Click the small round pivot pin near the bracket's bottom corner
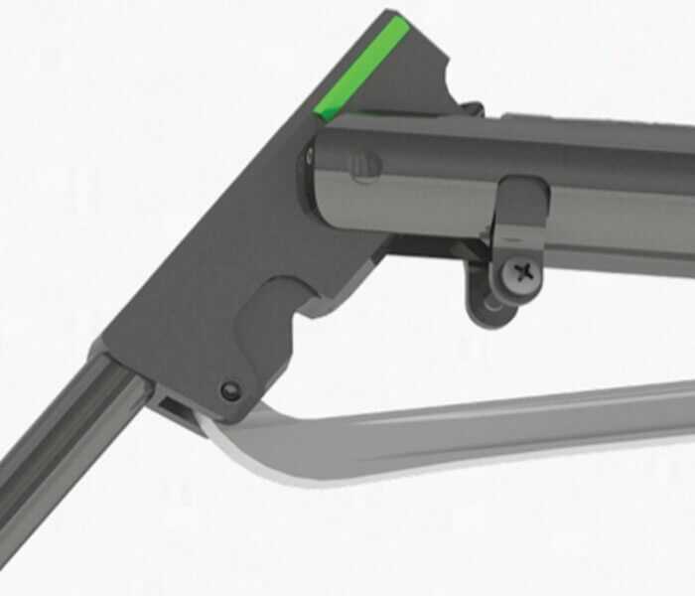tap(231, 391)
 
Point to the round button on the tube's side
tap(365, 164)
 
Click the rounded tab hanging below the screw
tap(491, 304)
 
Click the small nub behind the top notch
tap(473, 107)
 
